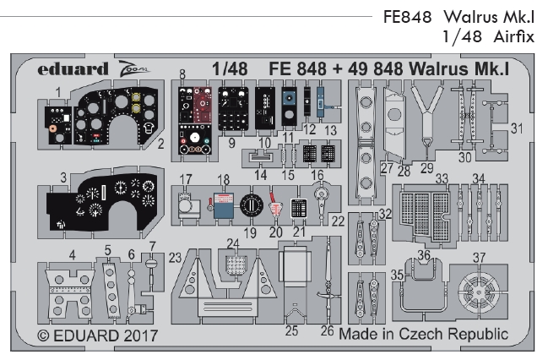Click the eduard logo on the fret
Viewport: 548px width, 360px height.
pyautogui.click(x=74, y=67)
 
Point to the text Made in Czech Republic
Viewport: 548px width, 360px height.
pyautogui.click(x=423, y=334)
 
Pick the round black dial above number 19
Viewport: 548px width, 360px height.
pyautogui.click(x=251, y=205)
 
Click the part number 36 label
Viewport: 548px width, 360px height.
pyautogui.click(x=425, y=254)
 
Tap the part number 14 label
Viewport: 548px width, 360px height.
pyautogui.click(x=261, y=173)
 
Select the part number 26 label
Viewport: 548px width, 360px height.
pyautogui.click(x=328, y=330)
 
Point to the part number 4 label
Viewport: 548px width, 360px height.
pyautogui.click(x=73, y=254)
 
